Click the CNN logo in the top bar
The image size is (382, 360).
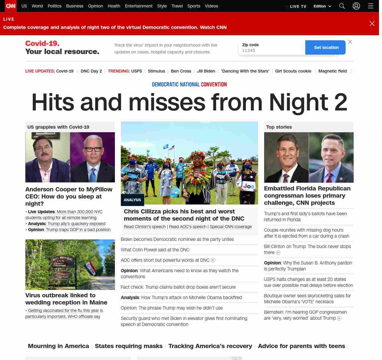(11, 6)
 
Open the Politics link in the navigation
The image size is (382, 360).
(54, 6)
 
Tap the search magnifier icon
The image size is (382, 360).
(342, 6)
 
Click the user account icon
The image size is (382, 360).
(356, 6)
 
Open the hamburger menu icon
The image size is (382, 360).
(371, 6)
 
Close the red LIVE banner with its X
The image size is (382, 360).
(372, 24)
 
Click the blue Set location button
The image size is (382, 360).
(326, 47)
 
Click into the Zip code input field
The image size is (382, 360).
(272, 50)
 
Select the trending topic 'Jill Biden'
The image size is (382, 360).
(206, 71)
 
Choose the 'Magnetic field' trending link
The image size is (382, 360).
(332, 71)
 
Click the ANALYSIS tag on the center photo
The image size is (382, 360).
(132, 200)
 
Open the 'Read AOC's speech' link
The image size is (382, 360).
(187, 227)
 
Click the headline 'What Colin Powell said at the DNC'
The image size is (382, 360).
(155, 250)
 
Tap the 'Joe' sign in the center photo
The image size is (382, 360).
(249, 186)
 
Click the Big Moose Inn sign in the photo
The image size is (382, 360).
(63, 261)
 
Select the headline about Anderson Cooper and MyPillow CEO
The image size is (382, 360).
(69, 196)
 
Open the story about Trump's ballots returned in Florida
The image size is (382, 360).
(305, 217)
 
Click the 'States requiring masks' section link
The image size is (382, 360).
(129, 346)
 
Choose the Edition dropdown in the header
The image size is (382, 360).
(322, 6)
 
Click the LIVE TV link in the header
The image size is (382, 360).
(298, 6)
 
